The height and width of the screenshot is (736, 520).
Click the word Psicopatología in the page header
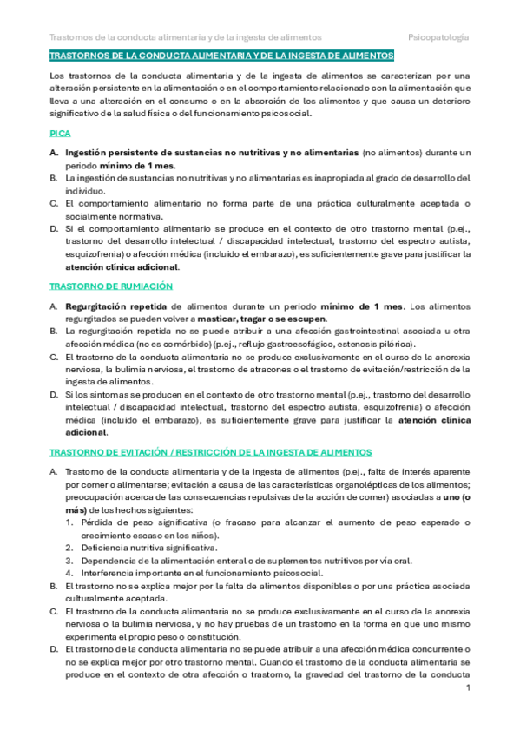pos(438,37)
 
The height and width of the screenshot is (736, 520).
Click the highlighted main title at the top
pos(221,56)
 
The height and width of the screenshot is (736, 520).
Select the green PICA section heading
pos(60,135)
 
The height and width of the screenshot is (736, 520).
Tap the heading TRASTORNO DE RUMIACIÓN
pos(111,286)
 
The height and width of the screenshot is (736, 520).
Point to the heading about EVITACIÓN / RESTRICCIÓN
pos(210,452)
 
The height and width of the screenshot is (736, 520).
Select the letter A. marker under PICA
pos(53,153)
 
